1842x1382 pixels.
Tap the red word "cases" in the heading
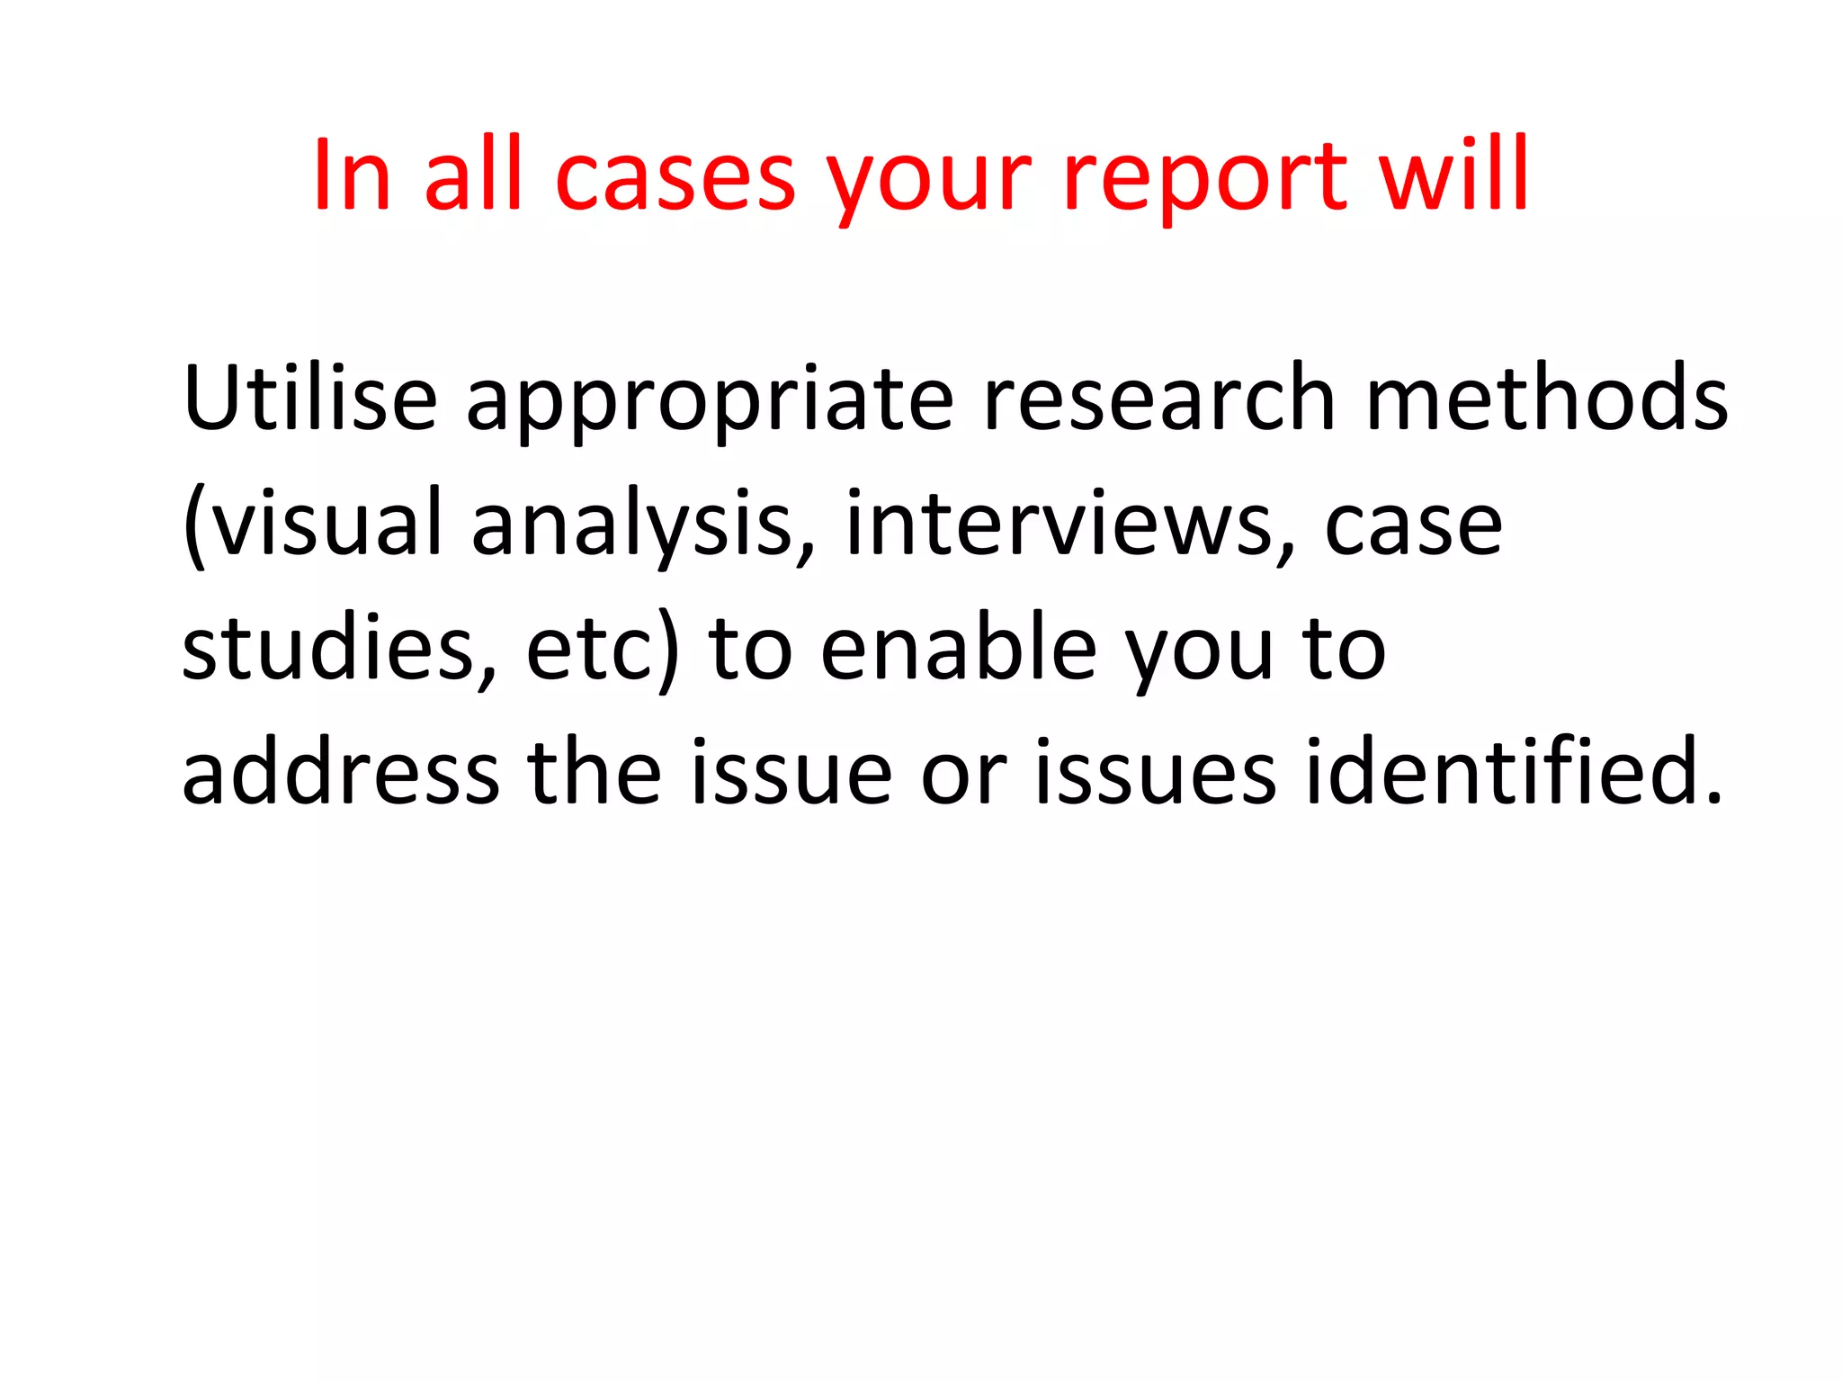pyautogui.click(x=675, y=177)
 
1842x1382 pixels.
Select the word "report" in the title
pyautogui.click(x=1205, y=177)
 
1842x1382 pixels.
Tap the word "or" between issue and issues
pyautogui.click(x=963, y=775)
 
